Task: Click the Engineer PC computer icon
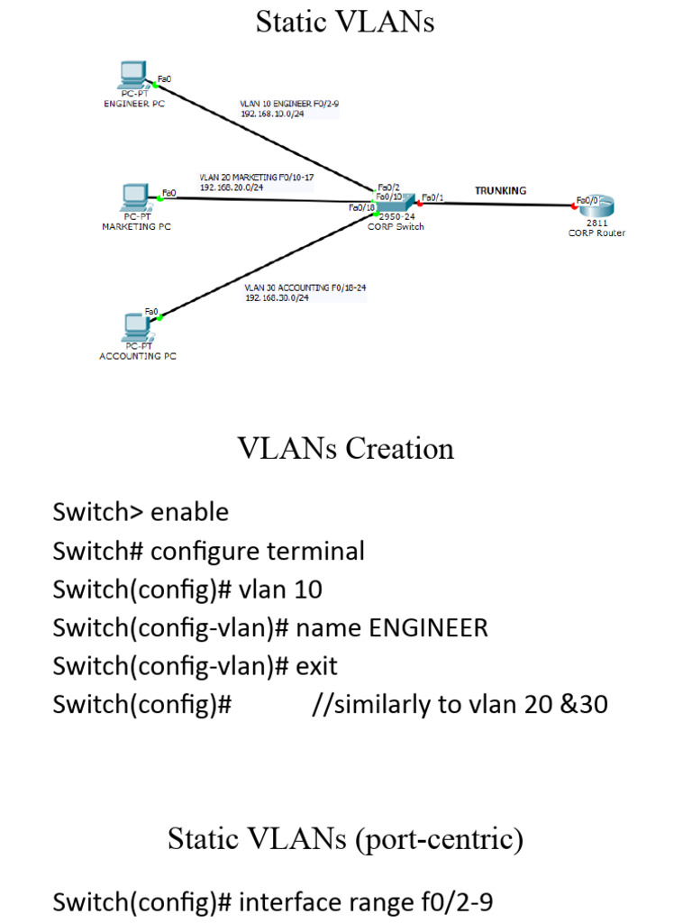pyautogui.click(x=133, y=74)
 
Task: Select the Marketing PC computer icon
pyautogui.click(x=136, y=197)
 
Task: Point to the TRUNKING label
pyautogui.click(x=500, y=190)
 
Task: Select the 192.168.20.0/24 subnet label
pyautogui.click(x=232, y=187)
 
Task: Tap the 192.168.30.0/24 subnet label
pyautogui.click(x=277, y=298)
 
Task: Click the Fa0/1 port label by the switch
pyautogui.click(x=433, y=196)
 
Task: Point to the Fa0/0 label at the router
pyautogui.click(x=587, y=199)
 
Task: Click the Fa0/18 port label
pyautogui.click(x=360, y=208)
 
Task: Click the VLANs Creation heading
pyautogui.click(x=345, y=448)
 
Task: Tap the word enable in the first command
pyautogui.click(x=189, y=512)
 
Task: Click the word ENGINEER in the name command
pyautogui.click(x=429, y=627)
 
